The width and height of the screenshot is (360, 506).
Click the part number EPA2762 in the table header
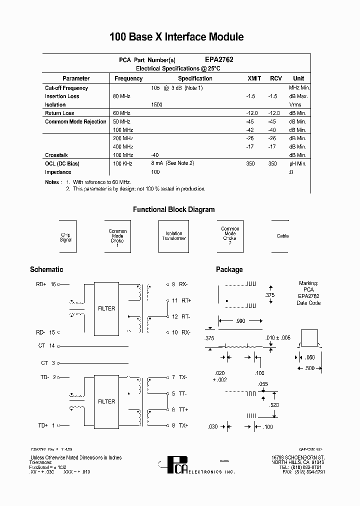coord(219,59)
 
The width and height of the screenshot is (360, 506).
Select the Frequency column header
coord(128,78)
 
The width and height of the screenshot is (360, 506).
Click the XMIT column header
coord(254,78)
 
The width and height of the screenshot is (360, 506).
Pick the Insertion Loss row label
coord(62,96)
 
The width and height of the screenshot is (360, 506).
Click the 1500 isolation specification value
coord(156,104)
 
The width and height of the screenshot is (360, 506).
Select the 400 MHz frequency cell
coord(123,146)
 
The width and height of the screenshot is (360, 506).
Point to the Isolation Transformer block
coord(174,236)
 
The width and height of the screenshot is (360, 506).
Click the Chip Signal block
coord(66,237)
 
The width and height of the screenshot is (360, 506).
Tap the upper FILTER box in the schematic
coord(106,308)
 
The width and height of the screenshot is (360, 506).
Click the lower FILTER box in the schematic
coord(106,401)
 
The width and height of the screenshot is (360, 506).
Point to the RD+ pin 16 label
coord(46,284)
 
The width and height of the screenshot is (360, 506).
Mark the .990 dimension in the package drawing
coord(240,321)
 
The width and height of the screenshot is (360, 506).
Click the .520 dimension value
coord(274,404)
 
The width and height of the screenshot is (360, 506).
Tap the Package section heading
coord(229,269)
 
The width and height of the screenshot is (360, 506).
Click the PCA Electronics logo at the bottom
coord(177,466)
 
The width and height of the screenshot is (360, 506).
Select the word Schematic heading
coord(46,269)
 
